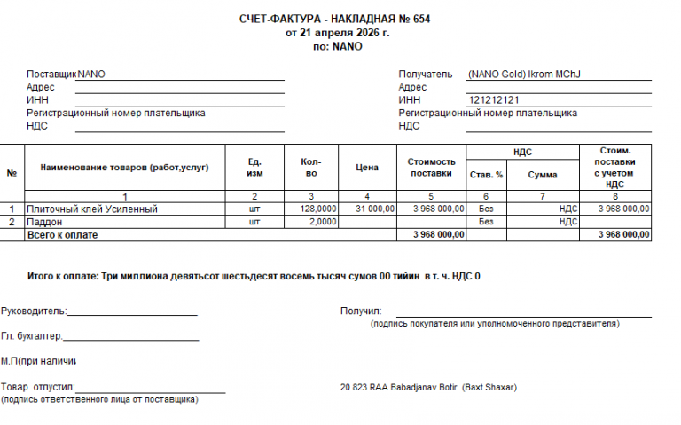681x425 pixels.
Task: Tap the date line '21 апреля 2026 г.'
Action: pyautogui.click(x=337, y=32)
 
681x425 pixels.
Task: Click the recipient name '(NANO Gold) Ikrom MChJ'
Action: pyautogui.click(x=528, y=75)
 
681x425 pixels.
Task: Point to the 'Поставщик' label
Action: pyautogui.click(x=51, y=75)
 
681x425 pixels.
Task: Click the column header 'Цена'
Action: pyautogui.click(x=367, y=168)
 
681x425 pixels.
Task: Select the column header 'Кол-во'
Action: pyautogui.click(x=310, y=168)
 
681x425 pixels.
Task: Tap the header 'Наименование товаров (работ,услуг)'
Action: pyautogui.click(x=118, y=168)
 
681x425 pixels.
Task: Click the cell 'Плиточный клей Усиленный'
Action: pyautogui.click(x=92, y=209)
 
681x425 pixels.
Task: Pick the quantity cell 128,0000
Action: pyautogui.click(x=318, y=209)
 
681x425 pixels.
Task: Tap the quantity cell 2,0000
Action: pyautogui.click(x=324, y=222)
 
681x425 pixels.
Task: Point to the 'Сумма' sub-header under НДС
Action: pyautogui.click(x=543, y=175)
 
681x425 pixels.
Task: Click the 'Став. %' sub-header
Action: pyautogui.click(x=486, y=175)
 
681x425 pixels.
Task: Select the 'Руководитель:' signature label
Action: pyautogui.click(x=34, y=311)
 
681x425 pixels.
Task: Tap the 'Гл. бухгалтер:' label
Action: pyautogui.click(x=32, y=336)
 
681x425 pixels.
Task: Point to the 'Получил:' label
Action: pyautogui.click(x=360, y=311)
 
